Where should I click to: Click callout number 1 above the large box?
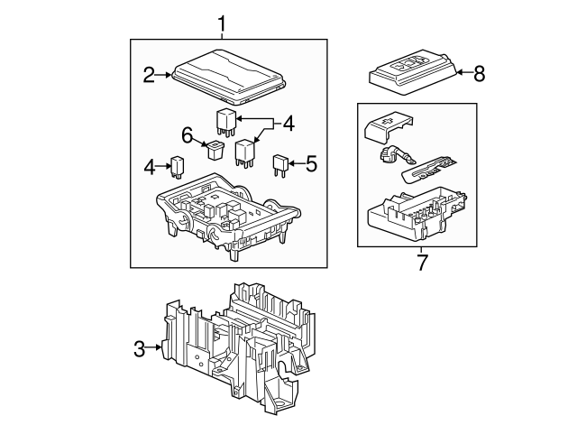(222, 23)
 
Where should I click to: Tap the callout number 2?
(149, 75)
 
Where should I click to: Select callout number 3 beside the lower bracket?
(140, 348)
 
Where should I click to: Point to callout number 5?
(311, 163)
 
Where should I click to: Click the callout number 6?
(188, 134)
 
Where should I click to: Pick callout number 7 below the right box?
(422, 263)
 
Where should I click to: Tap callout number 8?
(479, 73)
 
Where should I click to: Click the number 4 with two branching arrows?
(288, 124)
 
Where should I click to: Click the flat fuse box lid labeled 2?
(228, 76)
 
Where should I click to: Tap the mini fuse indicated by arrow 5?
(279, 165)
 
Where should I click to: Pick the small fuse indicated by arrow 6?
(215, 151)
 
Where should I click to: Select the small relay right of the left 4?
(177, 167)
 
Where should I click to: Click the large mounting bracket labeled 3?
(238, 348)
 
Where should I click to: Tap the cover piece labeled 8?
(412, 72)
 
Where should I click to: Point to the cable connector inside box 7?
(397, 156)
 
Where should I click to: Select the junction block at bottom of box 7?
(417, 214)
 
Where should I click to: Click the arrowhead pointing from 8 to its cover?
(459, 72)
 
